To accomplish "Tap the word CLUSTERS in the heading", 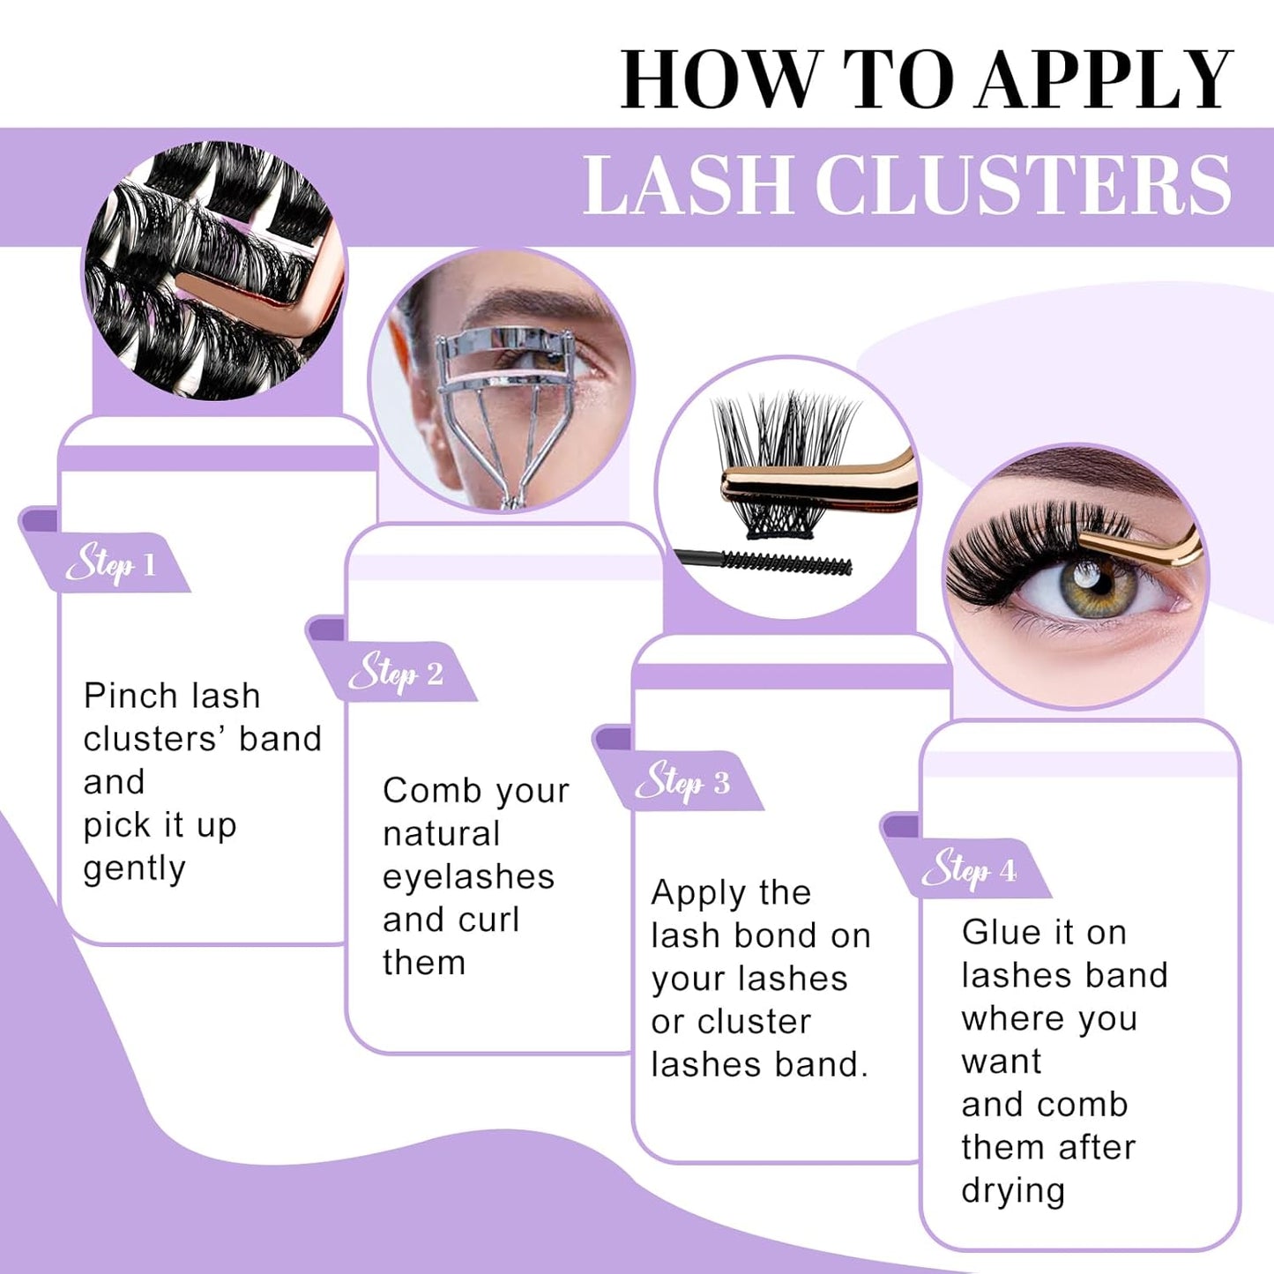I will pos(1023,185).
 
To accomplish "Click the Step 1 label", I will pos(111,564).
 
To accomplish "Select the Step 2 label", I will pos(396,674).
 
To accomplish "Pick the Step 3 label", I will pos(683,782).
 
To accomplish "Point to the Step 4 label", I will pos(970,871).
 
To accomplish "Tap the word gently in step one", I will pos(134,869).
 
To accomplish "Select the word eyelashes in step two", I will pos(468,877).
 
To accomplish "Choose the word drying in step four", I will pos(1013,1191).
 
